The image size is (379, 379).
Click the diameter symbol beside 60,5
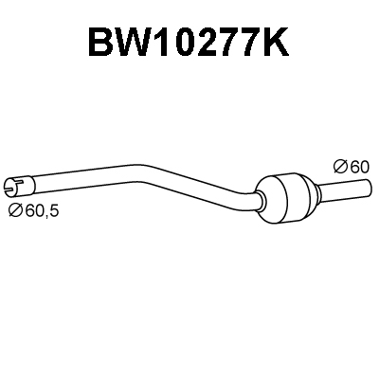(16, 210)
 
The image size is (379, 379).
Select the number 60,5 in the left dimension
(42, 211)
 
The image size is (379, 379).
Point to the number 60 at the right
(359, 167)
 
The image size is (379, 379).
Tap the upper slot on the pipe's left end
(20, 181)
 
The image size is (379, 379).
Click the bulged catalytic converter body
(282, 198)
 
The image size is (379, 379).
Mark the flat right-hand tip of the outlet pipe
(369, 188)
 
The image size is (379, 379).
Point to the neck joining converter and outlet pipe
(316, 191)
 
